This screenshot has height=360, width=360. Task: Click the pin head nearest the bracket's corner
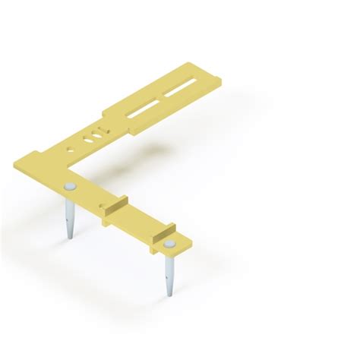point(70,186)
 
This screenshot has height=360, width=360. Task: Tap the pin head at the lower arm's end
point(169,245)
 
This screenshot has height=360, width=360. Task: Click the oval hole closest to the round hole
point(86,141)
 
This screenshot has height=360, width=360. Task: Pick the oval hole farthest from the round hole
point(94,137)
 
